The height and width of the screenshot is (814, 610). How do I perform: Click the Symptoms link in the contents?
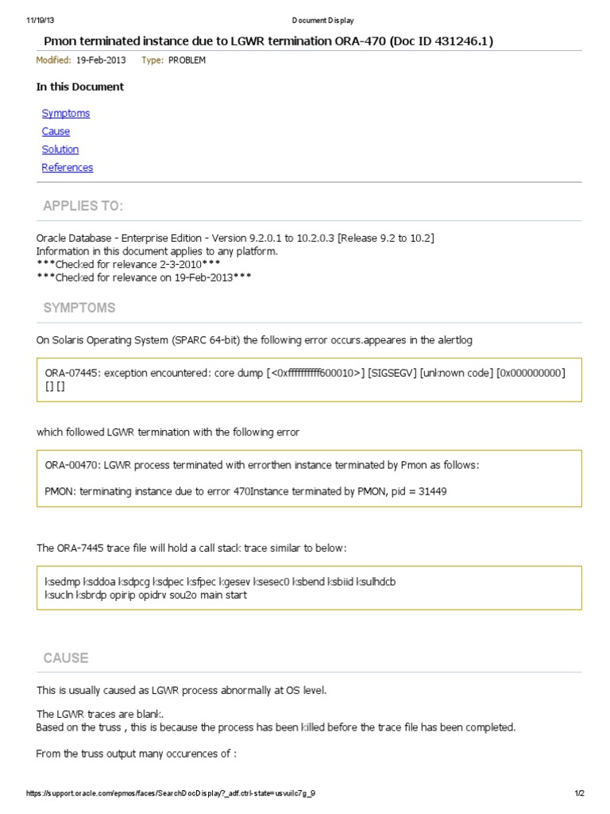[66, 113]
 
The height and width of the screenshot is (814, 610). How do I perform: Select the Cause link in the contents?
[56, 131]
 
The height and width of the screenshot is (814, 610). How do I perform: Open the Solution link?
[60, 149]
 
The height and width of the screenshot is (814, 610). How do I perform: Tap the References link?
[68, 167]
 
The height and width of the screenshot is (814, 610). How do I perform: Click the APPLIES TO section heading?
[83, 207]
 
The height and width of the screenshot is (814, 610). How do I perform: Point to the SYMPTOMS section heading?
[79, 308]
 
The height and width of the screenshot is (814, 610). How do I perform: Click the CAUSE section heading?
[66, 658]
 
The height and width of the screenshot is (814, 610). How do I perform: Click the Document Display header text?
[322, 21]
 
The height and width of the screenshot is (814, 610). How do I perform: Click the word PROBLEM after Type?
[187, 60]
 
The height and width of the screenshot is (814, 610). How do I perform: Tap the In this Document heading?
[80, 87]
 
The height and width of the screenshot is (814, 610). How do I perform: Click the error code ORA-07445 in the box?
[72, 372]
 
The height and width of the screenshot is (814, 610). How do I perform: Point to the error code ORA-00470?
[72, 465]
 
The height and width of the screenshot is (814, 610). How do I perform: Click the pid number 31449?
[431, 491]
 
